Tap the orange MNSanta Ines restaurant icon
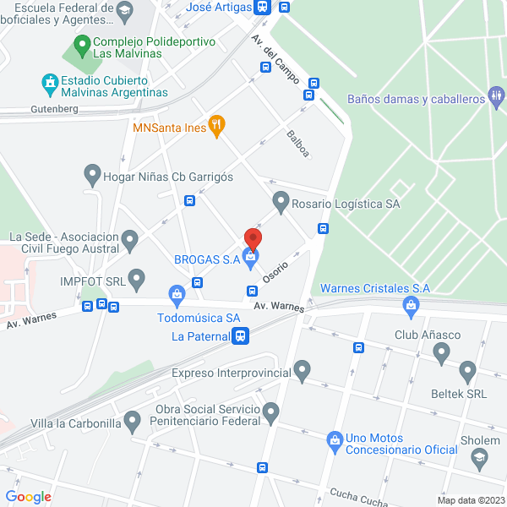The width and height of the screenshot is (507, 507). coord(216,128)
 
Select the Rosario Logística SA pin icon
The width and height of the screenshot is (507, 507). coord(281,203)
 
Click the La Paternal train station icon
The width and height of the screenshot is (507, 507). coord(242,336)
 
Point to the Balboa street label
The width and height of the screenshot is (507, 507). coord(297,144)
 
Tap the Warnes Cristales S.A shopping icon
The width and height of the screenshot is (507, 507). coord(412,307)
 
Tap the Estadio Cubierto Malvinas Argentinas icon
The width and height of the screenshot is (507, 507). coord(48,84)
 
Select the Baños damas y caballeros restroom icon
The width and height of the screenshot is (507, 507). coord(496,98)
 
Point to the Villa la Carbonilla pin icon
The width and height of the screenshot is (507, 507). coord(132,420)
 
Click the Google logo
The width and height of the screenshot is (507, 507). coord(29,497)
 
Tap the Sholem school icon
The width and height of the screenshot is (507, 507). coord(480,458)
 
